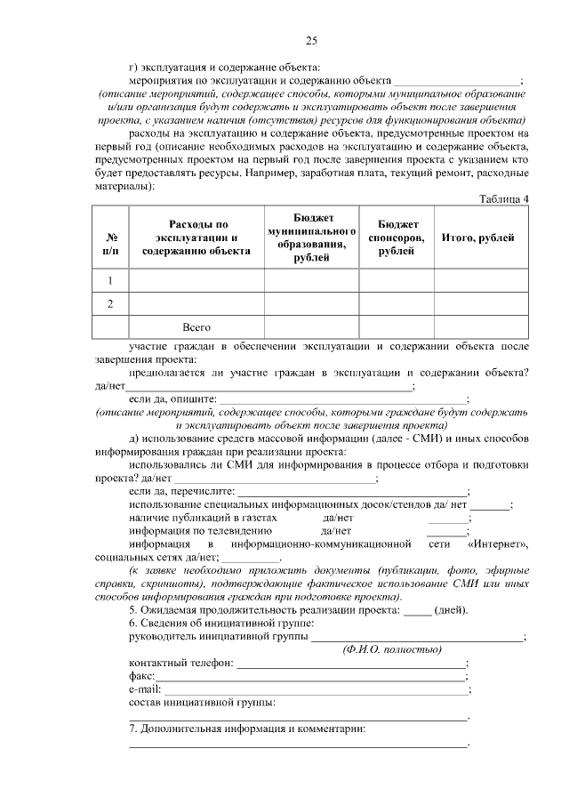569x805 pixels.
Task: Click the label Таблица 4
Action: pos(504,197)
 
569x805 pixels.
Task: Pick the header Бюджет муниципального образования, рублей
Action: pos(311,237)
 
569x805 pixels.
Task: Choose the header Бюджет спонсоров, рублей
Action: pos(396,237)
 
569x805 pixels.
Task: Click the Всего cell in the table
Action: pos(196,327)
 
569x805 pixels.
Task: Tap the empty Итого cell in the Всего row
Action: pos(481,327)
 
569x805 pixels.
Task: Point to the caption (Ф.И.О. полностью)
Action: pos(392,649)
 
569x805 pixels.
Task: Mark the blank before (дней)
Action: pos(417,611)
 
